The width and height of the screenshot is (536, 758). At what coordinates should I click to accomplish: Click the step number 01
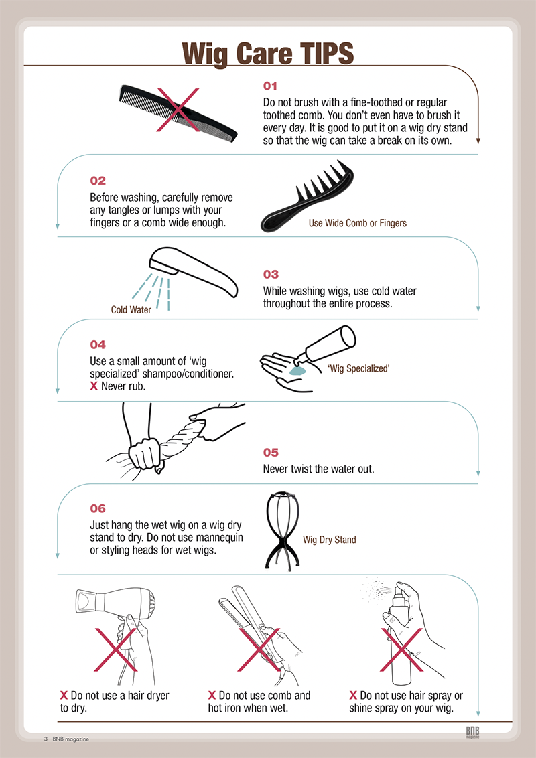coord(270,86)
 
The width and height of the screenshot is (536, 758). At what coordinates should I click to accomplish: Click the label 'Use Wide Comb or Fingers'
coord(358,223)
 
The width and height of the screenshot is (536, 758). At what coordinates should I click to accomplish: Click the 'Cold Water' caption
coord(131,310)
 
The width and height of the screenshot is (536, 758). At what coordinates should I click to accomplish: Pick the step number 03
coord(271,275)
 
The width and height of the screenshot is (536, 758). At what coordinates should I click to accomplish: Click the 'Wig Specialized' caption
coord(358,368)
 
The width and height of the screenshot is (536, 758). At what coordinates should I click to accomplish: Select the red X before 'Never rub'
coord(94,387)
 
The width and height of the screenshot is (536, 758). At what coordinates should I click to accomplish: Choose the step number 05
coord(271,453)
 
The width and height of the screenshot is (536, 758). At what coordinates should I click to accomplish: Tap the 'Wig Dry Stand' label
coord(330,540)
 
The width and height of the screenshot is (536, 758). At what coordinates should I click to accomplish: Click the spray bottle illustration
coord(401,633)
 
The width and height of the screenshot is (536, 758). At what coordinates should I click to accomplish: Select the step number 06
coord(97,508)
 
